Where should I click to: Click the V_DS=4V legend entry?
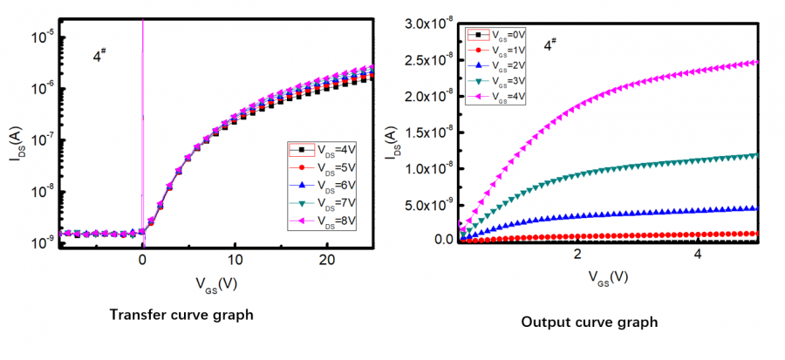[323, 149]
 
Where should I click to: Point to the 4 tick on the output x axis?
[698, 254]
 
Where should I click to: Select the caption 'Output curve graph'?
[589, 323]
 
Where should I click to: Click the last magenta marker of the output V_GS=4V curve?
[755, 63]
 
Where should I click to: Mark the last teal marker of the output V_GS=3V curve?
[755, 155]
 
